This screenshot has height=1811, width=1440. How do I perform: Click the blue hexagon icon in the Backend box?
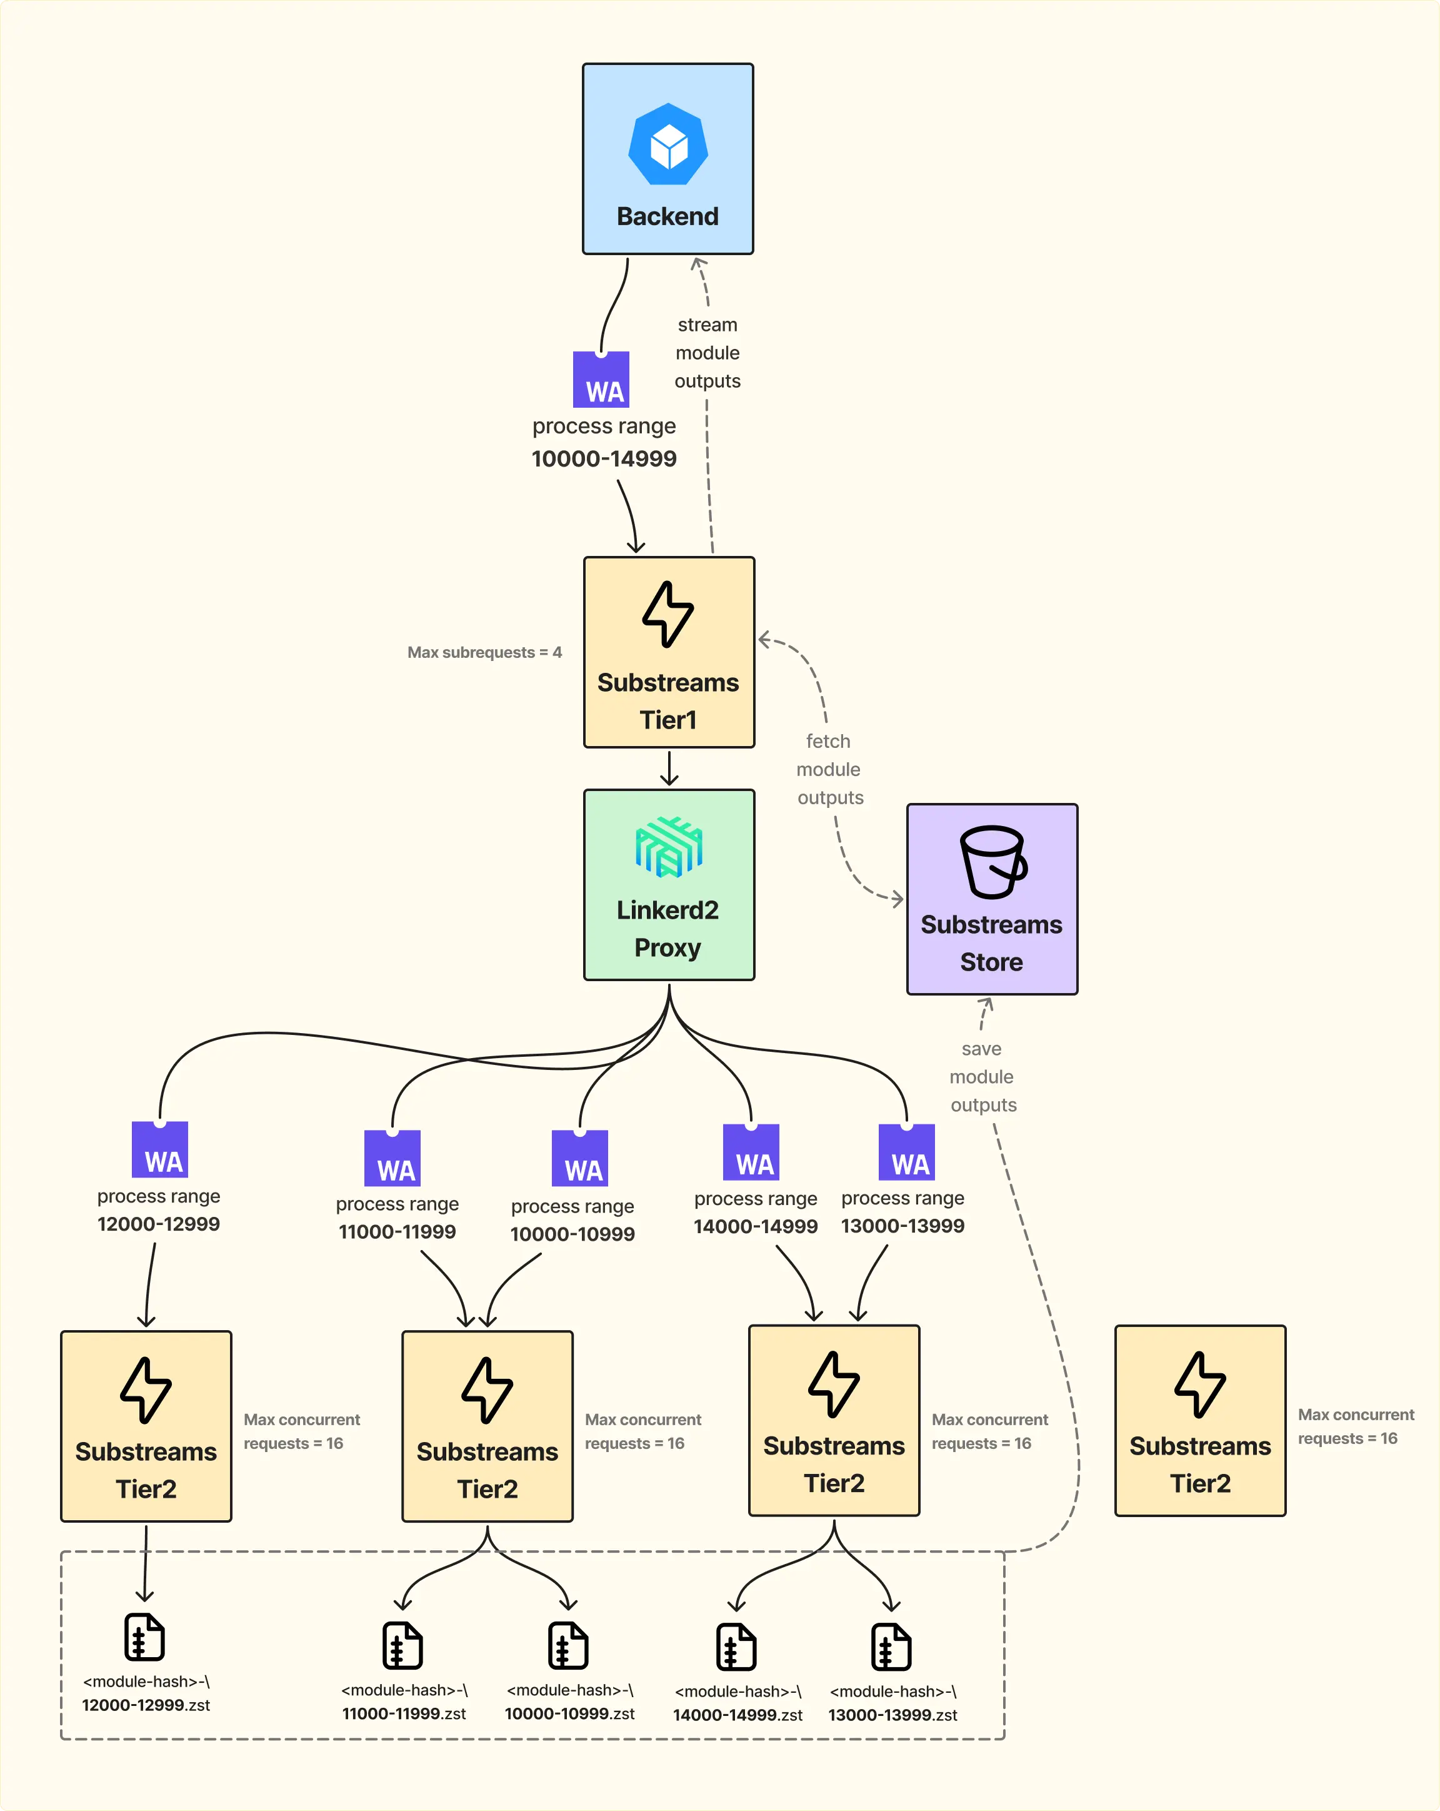(x=667, y=144)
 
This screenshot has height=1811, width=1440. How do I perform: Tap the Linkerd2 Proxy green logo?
(x=668, y=847)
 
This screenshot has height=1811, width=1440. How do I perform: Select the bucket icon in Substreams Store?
(x=992, y=862)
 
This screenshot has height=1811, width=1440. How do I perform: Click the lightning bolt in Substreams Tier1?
(x=667, y=614)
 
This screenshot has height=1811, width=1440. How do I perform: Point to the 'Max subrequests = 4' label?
(x=484, y=653)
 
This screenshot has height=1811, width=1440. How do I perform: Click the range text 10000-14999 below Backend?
(x=604, y=458)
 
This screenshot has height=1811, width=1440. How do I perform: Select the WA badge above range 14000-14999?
(x=751, y=1153)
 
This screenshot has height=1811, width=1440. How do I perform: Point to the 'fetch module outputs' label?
(x=829, y=769)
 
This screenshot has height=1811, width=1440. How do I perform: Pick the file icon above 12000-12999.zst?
(x=144, y=1637)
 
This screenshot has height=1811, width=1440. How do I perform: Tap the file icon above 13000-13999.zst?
(x=891, y=1647)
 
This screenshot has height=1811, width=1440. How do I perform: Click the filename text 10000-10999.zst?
(x=569, y=1713)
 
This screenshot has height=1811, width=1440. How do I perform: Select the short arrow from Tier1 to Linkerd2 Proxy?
(x=669, y=768)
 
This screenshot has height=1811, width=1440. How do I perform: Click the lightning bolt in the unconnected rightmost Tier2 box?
(x=1200, y=1385)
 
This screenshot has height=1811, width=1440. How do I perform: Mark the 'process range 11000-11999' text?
(x=397, y=1218)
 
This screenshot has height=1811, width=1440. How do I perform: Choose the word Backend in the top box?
(x=667, y=217)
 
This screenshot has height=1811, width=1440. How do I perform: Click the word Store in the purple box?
(x=992, y=962)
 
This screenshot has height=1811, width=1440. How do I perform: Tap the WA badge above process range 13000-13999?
(x=907, y=1153)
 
